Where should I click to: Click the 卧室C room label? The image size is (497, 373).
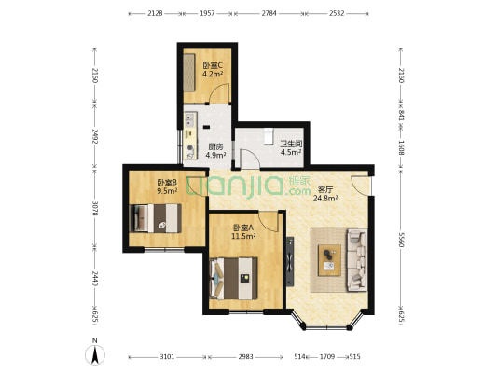pyautogui.click(x=212, y=64)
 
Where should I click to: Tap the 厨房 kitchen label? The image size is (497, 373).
pyautogui.click(x=215, y=146)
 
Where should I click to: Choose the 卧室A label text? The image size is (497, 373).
pyautogui.click(x=242, y=228)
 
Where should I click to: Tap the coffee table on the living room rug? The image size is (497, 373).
pyautogui.click(x=329, y=256)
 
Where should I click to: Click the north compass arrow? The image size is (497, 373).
pyautogui.click(x=94, y=355)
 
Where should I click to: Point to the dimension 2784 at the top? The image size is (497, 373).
pyautogui.click(x=269, y=14)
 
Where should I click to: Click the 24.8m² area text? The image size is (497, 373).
pyautogui.click(x=324, y=198)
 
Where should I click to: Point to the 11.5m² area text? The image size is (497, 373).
pyautogui.click(x=242, y=236)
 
